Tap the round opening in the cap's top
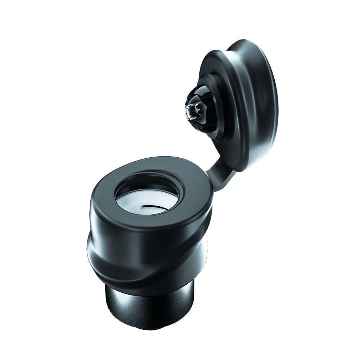coord(147,196)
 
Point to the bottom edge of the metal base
coord(151,328)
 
